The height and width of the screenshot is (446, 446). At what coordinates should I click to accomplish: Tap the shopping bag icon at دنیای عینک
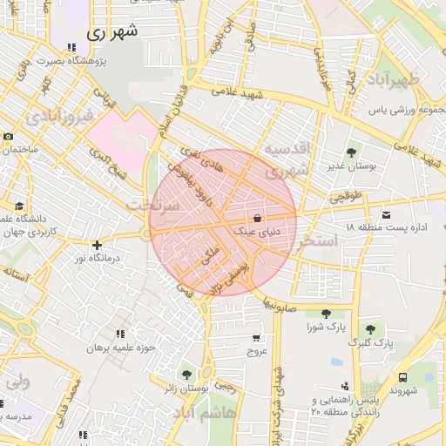(x=257, y=218)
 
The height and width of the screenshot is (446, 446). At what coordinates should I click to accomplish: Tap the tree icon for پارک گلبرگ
(x=371, y=329)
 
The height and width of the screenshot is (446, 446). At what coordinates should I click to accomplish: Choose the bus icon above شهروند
(x=402, y=377)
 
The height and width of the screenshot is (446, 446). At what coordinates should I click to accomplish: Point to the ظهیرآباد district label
(x=411, y=80)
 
